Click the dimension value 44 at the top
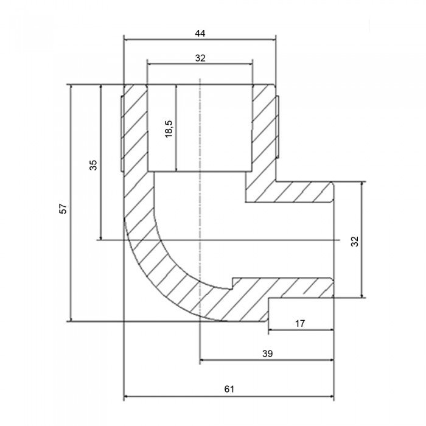pos(200,34)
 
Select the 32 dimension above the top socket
pos(200,58)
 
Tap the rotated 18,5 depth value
pos(170,128)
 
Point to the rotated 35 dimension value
pos(93,166)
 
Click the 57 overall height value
pos(63,209)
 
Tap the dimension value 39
pos(267,352)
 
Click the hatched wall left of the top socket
pos(136,128)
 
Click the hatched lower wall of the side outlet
pos(286,288)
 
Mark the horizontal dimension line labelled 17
pos(300,331)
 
